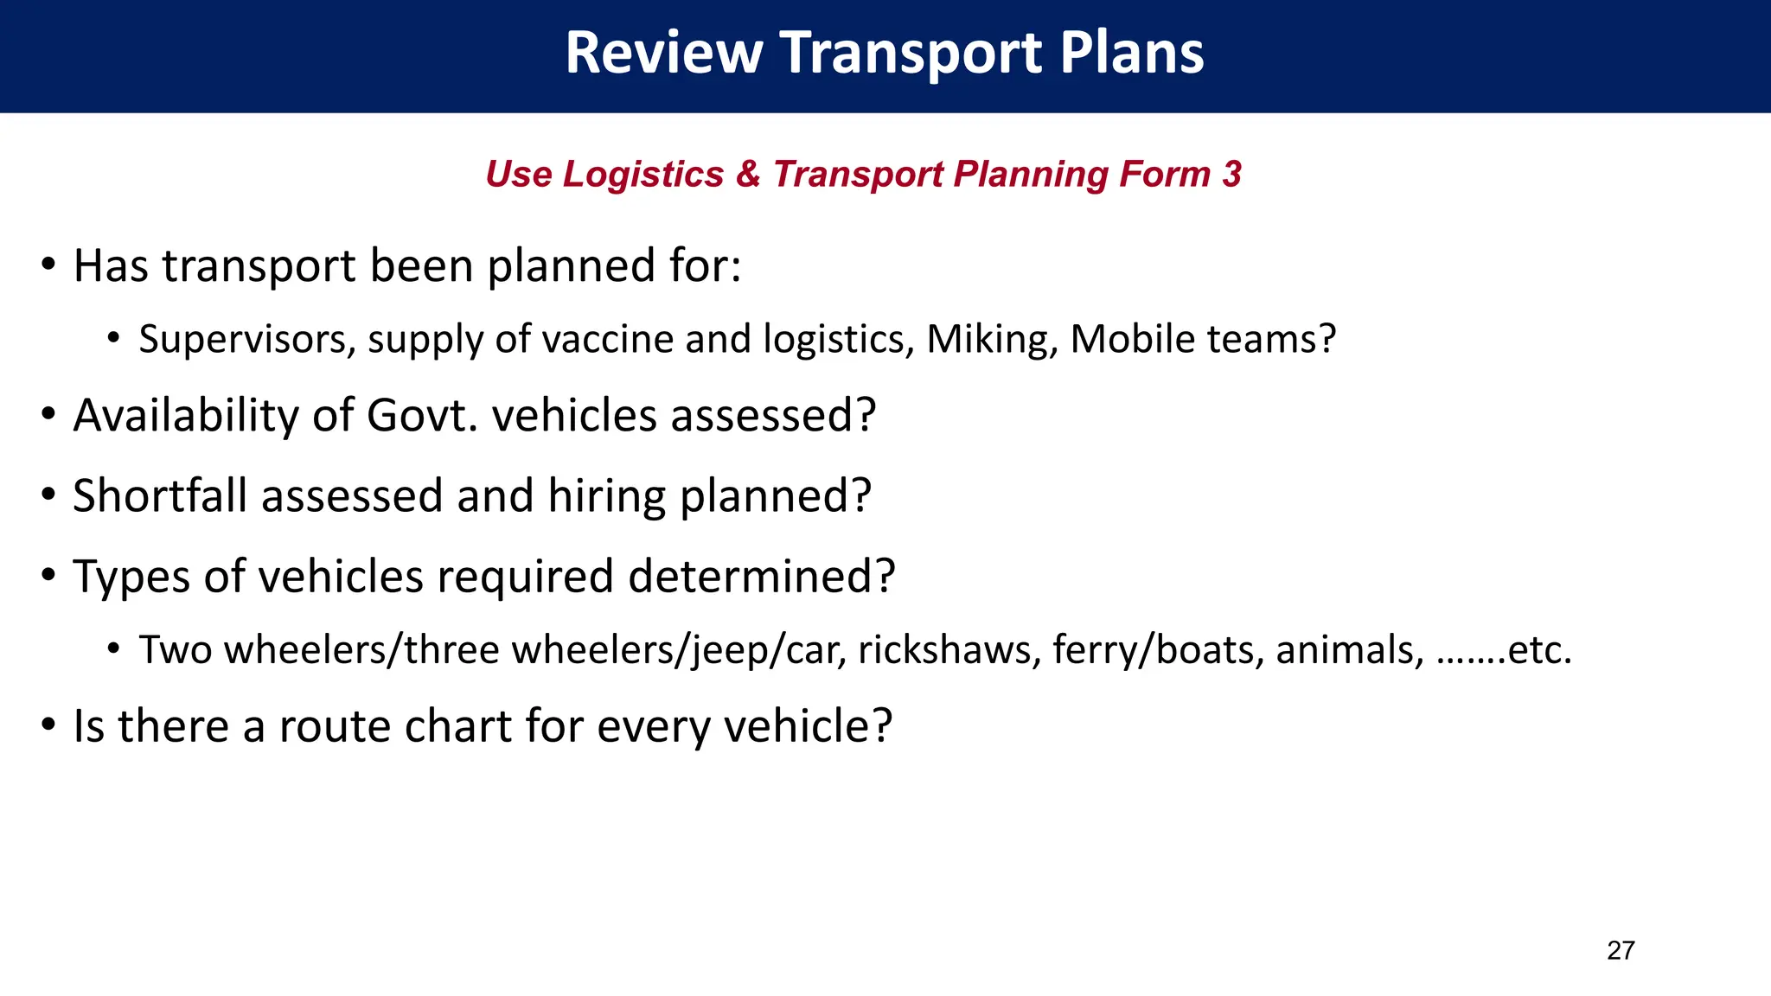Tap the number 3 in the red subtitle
tap(1231, 175)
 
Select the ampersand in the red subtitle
tap(748, 175)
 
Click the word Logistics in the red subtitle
tap(643, 175)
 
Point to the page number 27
tap(1621, 950)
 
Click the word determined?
tap(761, 577)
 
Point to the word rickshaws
tap(949, 650)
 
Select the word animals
tap(1349, 650)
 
